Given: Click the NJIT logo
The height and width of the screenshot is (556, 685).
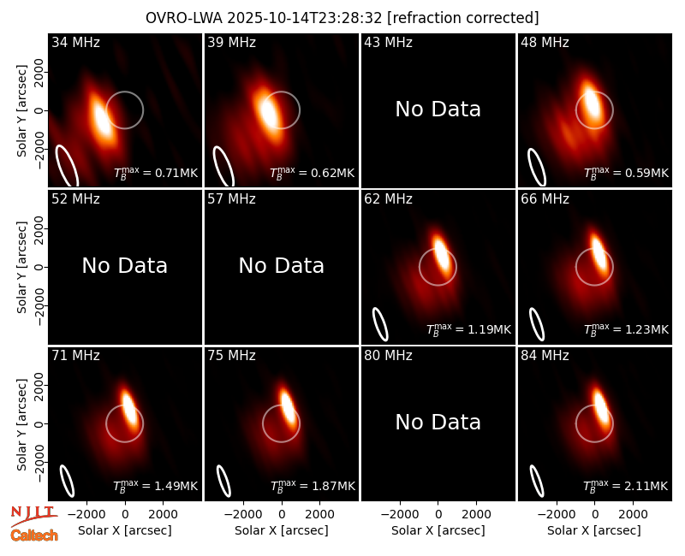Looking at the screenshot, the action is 34,516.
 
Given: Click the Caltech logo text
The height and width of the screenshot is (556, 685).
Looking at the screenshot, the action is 34,535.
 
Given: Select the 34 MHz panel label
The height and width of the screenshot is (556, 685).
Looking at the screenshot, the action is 75,42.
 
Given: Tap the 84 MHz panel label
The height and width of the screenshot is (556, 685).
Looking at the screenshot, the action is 545,356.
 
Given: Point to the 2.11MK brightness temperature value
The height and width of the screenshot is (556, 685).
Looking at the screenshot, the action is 626,486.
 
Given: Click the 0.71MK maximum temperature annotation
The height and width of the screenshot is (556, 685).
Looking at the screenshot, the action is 156,173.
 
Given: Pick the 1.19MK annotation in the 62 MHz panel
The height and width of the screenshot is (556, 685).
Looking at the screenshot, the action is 468,329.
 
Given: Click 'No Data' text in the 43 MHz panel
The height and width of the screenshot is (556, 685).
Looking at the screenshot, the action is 438,109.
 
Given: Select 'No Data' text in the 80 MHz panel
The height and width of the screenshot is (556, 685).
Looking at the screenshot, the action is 438,422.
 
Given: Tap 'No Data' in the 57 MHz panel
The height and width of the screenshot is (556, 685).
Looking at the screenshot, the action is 282,265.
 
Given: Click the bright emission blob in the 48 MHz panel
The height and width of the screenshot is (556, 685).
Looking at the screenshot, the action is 592,103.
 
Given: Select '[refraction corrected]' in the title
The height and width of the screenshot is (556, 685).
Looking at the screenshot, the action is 463,18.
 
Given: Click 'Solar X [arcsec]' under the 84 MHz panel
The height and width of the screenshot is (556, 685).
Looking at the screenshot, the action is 594,530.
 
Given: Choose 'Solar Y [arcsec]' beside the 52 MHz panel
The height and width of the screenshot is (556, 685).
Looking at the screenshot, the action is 21,267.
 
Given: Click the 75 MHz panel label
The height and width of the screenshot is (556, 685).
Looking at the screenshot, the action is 231,356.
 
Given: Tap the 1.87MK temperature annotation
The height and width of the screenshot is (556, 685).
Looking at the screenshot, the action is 313,486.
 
